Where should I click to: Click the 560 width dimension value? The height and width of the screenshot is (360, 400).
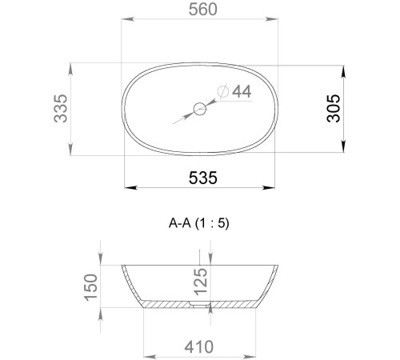click(203, 10)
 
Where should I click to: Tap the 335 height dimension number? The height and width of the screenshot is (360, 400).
click(61, 108)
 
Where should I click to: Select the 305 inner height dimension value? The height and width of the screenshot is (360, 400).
click(334, 108)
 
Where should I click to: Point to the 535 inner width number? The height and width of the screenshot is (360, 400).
click(203, 178)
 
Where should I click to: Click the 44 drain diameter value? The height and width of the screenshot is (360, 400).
click(242, 91)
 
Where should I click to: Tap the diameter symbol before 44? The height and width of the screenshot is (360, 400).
click(223, 91)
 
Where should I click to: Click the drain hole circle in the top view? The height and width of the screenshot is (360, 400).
click(200, 109)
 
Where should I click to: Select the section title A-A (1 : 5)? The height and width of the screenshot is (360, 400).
click(199, 223)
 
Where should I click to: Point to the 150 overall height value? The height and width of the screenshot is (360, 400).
click(91, 288)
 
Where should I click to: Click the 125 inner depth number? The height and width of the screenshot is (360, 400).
click(201, 282)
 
